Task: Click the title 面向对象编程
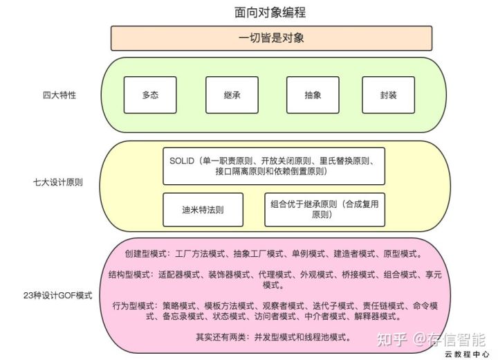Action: coord(270,12)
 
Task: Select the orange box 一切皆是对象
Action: coord(271,38)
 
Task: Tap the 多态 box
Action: coord(150,95)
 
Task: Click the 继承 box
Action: coord(232,95)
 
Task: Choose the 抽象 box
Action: coord(313,95)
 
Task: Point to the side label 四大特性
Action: coord(59,95)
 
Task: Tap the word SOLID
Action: coord(183,161)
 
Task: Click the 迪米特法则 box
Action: coord(203,209)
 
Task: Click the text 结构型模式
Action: coord(131,274)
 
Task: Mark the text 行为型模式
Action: coord(135,305)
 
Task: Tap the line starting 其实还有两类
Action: coord(274,337)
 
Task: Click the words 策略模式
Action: coord(179,305)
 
